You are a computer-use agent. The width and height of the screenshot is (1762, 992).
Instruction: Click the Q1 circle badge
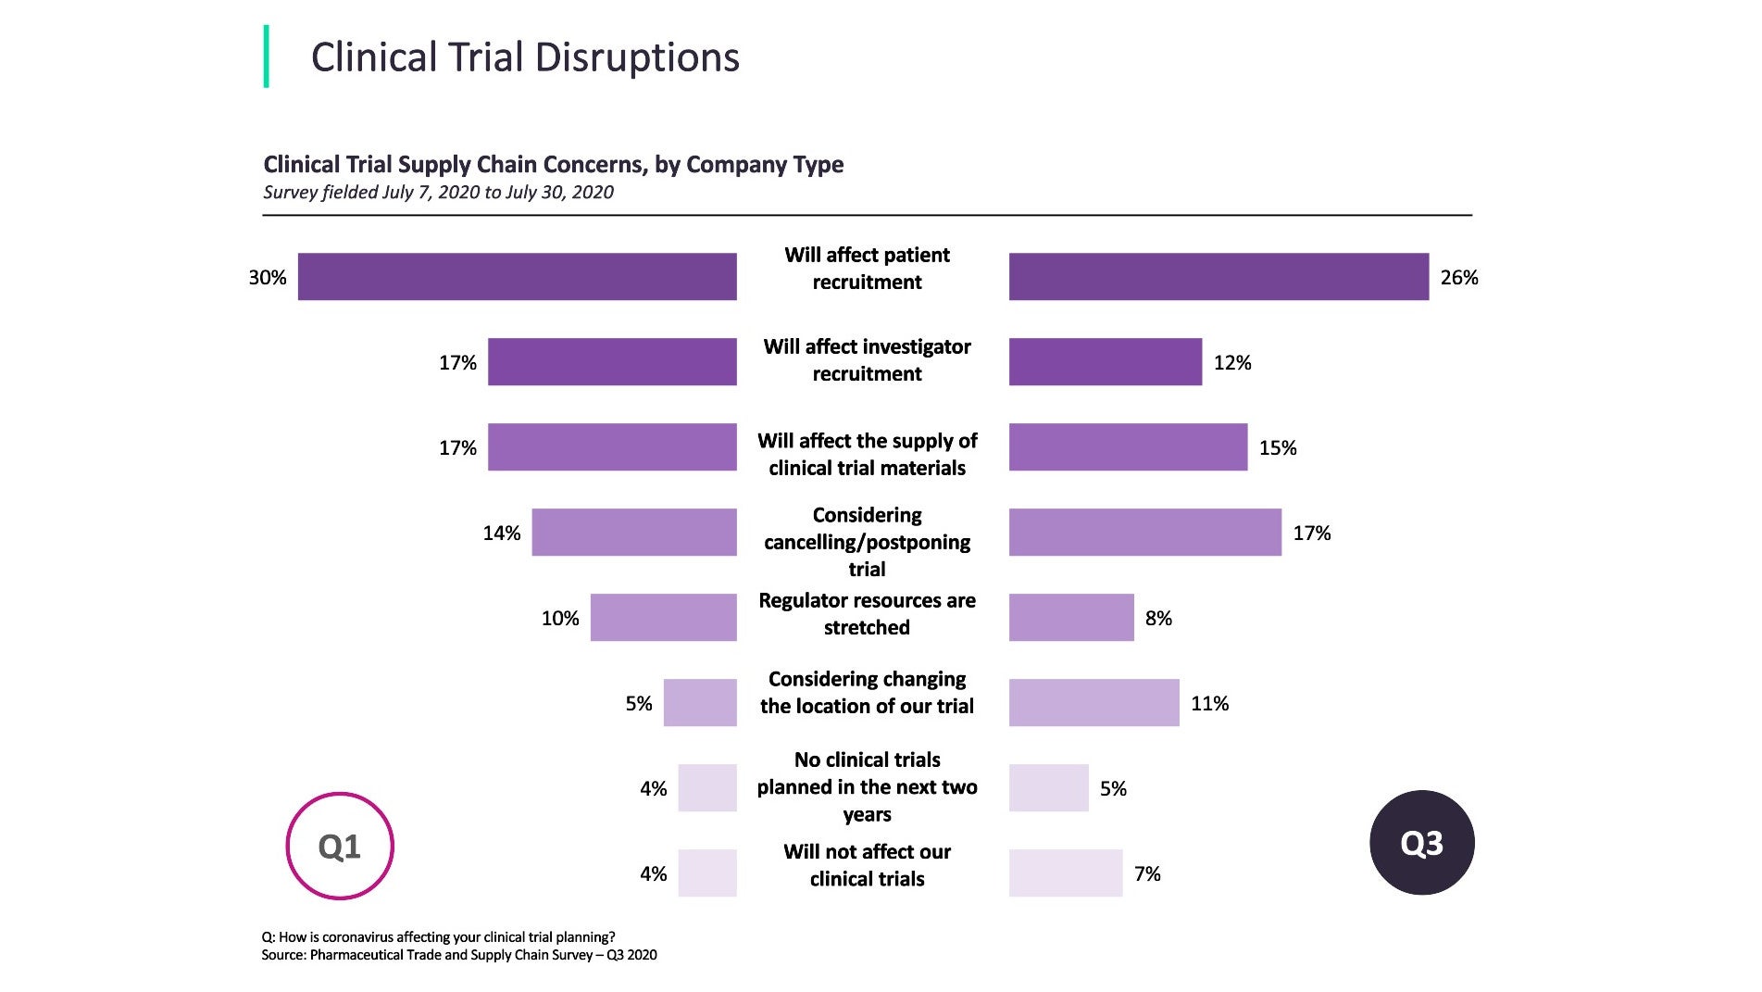click(340, 846)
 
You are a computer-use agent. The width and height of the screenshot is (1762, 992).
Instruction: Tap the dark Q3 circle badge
click(1421, 843)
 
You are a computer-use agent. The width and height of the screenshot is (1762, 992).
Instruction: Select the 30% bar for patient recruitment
click(517, 277)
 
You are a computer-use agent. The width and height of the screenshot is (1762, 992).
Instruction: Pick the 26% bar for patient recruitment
click(1218, 277)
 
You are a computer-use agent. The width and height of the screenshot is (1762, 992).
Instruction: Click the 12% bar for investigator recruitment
click(1105, 362)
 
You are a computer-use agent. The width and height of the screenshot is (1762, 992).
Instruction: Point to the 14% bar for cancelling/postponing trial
click(634, 533)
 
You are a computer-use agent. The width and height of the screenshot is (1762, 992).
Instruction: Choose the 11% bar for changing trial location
click(1093, 703)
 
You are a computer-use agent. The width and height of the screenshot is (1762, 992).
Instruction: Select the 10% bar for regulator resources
click(663, 618)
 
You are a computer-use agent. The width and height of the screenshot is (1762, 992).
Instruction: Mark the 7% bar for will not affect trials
click(1065, 873)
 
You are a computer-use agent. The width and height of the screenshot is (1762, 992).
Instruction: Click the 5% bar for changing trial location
click(700, 703)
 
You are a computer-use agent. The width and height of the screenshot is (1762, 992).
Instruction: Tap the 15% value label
click(1278, 448)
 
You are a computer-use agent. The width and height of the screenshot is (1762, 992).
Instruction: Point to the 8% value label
click(1158, 619)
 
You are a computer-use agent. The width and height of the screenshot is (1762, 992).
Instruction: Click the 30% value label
click(268, 278)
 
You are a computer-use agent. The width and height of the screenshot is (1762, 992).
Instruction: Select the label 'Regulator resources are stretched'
click(867, 614)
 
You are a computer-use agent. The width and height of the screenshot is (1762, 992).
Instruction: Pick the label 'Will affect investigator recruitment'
click(867, 360)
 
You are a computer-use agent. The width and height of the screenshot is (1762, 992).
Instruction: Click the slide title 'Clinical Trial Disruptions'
click(525, 57)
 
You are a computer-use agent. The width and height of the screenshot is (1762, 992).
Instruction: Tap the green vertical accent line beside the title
click(267, 57)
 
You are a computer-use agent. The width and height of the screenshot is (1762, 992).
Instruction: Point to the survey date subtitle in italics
click(438, 193)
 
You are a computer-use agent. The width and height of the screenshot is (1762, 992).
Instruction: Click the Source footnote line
click(459, 955)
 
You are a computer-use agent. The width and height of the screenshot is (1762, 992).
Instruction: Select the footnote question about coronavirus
click(438, 937)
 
